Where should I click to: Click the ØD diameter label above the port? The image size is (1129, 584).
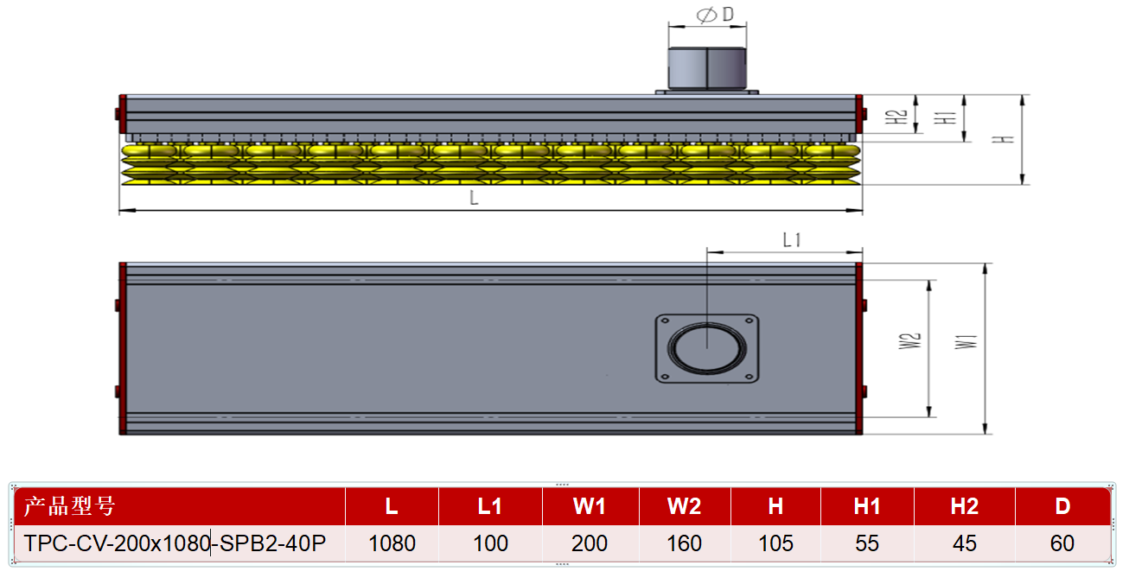click(x=715, y=15)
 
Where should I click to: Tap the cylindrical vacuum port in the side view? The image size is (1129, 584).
click(x=707, y=68)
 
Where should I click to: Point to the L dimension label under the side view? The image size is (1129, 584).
click(x=474, y=198)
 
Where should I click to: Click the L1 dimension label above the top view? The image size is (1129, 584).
click(x=792, y=240)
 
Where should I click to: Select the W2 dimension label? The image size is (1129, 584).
click(x=909, y=341)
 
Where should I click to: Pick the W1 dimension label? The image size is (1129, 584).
click(x=966, y=342)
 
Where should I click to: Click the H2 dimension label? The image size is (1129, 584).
click(x=896, y=117)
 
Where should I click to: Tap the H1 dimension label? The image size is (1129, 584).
click(x=945, y=117)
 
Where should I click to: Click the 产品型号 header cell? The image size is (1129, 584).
click(x=69, y=506)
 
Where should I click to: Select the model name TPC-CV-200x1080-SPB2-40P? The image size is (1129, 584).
click(x=175, y=543)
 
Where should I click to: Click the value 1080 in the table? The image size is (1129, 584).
click(x=392, y=543)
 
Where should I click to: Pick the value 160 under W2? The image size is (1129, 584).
click(x=684, y=543)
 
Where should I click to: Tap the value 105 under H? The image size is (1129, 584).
click(x=775, y=543)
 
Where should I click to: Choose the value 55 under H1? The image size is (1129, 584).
click(x=867, y=543)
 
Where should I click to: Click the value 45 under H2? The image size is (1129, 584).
click(x=965, y=543)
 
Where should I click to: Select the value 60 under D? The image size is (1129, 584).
click(x=1062, y=543)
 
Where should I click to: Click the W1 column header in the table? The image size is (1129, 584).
click(x=590, y=506)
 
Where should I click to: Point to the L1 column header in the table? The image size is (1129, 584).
click(x=489, y=506)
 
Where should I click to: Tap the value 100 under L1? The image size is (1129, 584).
click(x=490, y=543)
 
